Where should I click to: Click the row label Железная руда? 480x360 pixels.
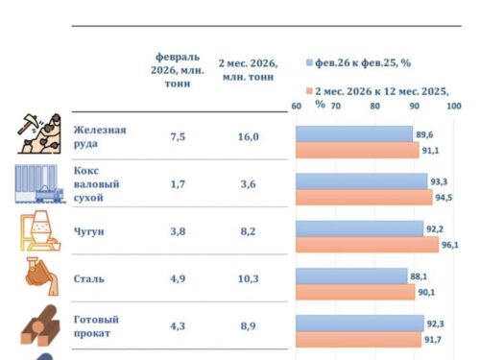click(99, 136)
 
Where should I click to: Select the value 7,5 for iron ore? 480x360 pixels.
click(177, 137)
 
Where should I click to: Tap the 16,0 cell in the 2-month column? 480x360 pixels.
click(248, 137)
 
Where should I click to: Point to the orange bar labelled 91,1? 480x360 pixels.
click(356, 150)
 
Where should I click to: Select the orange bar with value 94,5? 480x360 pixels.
click(363, 198)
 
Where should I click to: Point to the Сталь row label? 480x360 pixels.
click(89, 279)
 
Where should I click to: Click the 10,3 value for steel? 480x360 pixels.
click(248, 279)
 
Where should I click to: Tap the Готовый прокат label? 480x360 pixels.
click(99, 326)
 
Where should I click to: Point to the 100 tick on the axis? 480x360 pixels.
click(454, 106)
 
